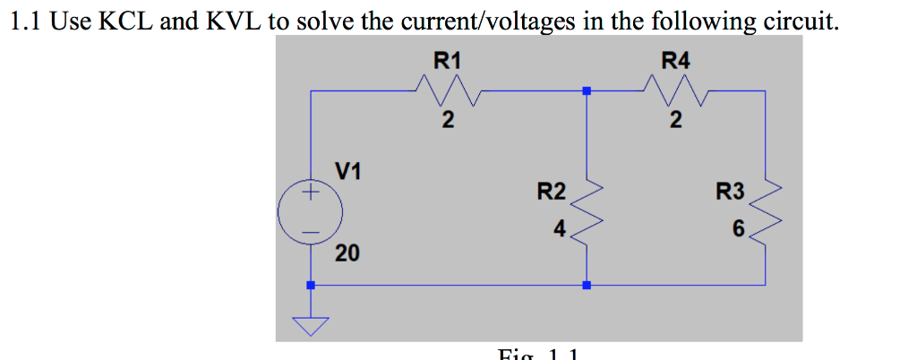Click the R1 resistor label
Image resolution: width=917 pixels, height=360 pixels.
click(x=447, y=61)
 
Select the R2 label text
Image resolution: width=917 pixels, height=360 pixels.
click(x=551, y=191)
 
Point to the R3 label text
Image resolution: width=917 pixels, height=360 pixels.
click(x=730, y=191)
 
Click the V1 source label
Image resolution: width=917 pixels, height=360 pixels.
click(x=348, y=170)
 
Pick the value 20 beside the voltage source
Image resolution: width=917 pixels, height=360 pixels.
click(x=347, y=254)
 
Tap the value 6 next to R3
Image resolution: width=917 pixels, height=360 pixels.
click(x=737, y=230)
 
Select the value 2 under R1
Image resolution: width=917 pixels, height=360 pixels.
click(x=447, y=119)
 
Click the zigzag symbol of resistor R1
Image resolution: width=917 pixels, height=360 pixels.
click(x=447, y=90)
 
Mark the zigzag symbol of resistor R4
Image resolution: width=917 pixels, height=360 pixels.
click(x=676, y=90)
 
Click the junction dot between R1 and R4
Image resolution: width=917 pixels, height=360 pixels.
click(x=587, y=90)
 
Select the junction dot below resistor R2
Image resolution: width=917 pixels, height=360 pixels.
click(x=587, y=286)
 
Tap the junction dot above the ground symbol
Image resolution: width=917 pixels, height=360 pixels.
click(x=311, y=286)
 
